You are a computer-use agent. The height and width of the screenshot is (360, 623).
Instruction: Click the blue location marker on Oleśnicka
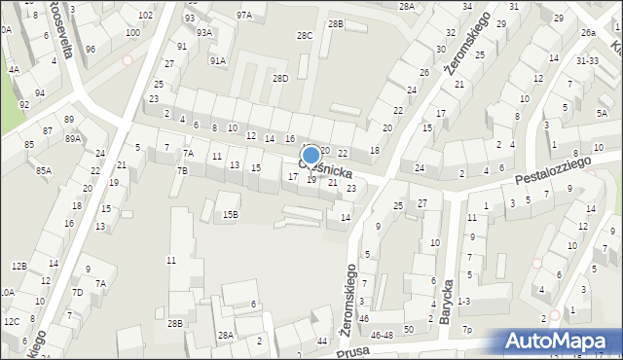pos(311,155)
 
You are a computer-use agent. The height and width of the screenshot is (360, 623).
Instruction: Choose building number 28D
pos(280,78)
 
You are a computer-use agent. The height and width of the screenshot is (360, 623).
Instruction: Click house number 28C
pos(305,36)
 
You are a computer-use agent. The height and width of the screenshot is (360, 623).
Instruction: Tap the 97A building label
pos(243,16)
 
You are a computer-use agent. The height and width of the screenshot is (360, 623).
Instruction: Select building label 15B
pos(230,214)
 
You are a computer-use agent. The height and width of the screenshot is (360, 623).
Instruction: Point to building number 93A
pos(203,32)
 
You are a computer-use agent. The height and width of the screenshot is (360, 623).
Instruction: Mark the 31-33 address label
pos(587,60)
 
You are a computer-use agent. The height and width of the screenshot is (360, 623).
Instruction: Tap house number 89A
pos(73,139)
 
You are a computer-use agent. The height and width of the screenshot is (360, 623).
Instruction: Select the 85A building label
pos(44,170)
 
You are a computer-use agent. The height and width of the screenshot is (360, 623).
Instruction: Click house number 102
pos(145,16)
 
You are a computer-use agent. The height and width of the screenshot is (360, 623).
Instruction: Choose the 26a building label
pos(589,33)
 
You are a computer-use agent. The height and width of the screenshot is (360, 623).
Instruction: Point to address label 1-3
pos(463,302)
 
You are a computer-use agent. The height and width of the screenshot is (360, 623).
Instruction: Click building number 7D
pos(77,292)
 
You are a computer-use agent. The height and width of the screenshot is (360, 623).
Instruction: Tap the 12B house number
pos(19,266)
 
